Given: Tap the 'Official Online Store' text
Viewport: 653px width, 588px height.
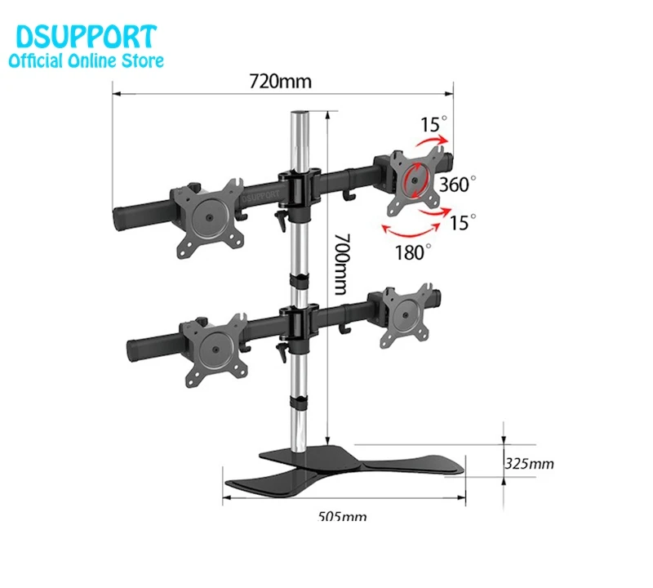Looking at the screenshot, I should coord(86,60).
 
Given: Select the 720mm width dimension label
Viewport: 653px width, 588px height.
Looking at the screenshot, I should coord(280,82).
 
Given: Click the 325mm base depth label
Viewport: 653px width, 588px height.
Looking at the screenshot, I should coord(529,464).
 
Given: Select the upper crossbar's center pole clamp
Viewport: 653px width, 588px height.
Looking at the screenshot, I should coord(298,186).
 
